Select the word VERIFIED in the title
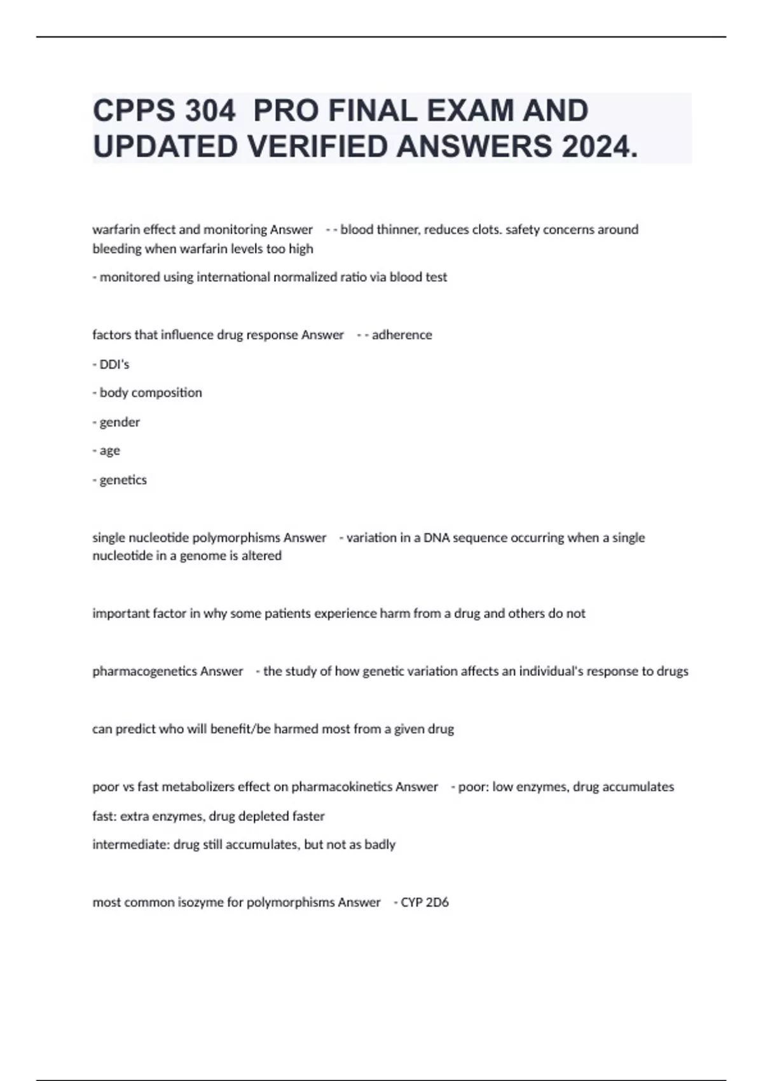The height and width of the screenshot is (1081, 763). coord(317,147)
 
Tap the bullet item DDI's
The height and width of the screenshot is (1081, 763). coord(114,364)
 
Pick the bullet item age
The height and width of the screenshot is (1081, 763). coord(109,450)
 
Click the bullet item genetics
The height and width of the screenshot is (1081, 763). coord(123,479)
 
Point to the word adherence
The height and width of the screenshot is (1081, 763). coord(401,334)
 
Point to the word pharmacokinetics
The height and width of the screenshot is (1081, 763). coord(341,787)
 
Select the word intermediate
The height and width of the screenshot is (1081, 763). coord(130,844)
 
